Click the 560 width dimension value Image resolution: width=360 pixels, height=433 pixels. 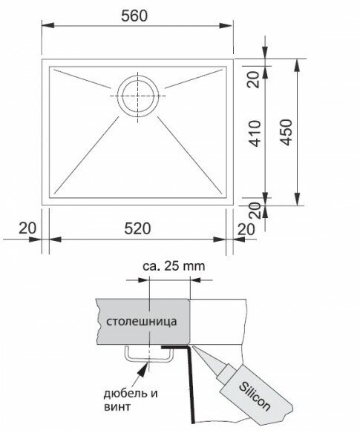pyautogui.click(x=134, y=16)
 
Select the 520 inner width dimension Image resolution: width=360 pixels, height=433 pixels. pyautogui.click(x=137, y=228)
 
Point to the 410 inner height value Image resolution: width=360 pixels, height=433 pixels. pyautogui.click(x=255, y=133)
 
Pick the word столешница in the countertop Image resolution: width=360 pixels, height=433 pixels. pyautogui.click(x=142, y=322)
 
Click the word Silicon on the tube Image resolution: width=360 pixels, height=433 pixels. pyautogui.click(x=255, y=396)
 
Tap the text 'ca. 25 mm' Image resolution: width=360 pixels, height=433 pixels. pyautogui.click(x=174, y=266)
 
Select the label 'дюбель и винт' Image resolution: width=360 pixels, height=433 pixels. pyautogui.click(x=131, y=400)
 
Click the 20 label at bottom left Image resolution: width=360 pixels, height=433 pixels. pyautogui.click(x=27, y=228)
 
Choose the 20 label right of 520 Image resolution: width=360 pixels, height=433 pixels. pyautogui.click(x=246, y=229)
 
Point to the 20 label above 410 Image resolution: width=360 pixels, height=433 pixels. pyautogui.click(x=254, y=79)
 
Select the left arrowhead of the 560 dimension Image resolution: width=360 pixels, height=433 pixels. pyautogui.click(x=48, y=25)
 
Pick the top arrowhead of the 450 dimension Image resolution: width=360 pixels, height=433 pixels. pyautogui.click(x=297, y=65)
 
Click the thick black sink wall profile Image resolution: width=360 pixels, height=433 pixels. pyautogui.click(x=191, y=384)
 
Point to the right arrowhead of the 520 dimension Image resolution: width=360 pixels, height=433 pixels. pyautogui.click(x=220, y=239)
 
